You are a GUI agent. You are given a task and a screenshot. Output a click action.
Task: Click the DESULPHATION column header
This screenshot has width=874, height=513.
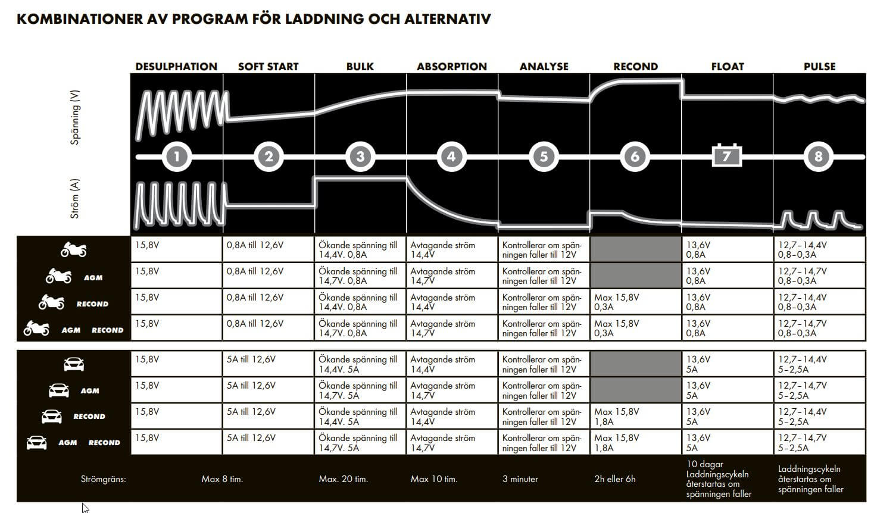tap(176, 67)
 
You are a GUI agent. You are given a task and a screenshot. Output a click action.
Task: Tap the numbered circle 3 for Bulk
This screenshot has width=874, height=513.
tap(360, 157)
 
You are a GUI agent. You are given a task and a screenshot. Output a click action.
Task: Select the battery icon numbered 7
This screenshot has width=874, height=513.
tap(727, 156)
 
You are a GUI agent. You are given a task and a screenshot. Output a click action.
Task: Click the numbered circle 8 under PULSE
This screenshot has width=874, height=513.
tap(819, 157)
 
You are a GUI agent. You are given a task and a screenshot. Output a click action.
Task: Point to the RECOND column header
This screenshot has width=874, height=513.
tap(635, 67)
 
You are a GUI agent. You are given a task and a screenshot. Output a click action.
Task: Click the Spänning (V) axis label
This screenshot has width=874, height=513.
tap(75, 117)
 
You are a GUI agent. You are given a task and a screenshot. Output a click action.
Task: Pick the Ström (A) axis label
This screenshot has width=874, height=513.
tap(75, 198)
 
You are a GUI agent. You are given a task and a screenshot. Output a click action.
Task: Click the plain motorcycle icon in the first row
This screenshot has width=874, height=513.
tap(73, 250)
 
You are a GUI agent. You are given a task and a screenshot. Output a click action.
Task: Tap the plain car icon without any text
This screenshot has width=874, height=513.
tap(74, 364)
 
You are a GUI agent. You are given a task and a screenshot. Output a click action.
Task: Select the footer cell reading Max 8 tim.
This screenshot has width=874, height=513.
tap(222, 479)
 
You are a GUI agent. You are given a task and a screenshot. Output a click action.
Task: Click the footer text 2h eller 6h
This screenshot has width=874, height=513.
tap(614, 479)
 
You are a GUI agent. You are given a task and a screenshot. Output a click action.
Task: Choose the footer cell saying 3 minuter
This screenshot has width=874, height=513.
tap(520, 479)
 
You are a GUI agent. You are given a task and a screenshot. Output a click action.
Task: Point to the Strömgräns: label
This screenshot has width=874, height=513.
tap(104, 479)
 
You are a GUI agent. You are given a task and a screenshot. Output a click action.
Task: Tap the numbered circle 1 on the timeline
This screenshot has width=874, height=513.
tap(177, 157)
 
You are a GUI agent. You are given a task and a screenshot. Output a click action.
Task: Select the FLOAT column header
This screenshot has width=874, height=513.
tap(727, 67)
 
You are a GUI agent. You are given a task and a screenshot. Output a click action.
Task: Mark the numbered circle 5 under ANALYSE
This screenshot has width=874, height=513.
tap(544, 157)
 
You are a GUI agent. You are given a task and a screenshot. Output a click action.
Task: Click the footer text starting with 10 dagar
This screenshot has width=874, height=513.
tap(718, 479)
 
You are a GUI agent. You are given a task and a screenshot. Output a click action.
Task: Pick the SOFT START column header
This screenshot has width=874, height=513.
tap(268, 67)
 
